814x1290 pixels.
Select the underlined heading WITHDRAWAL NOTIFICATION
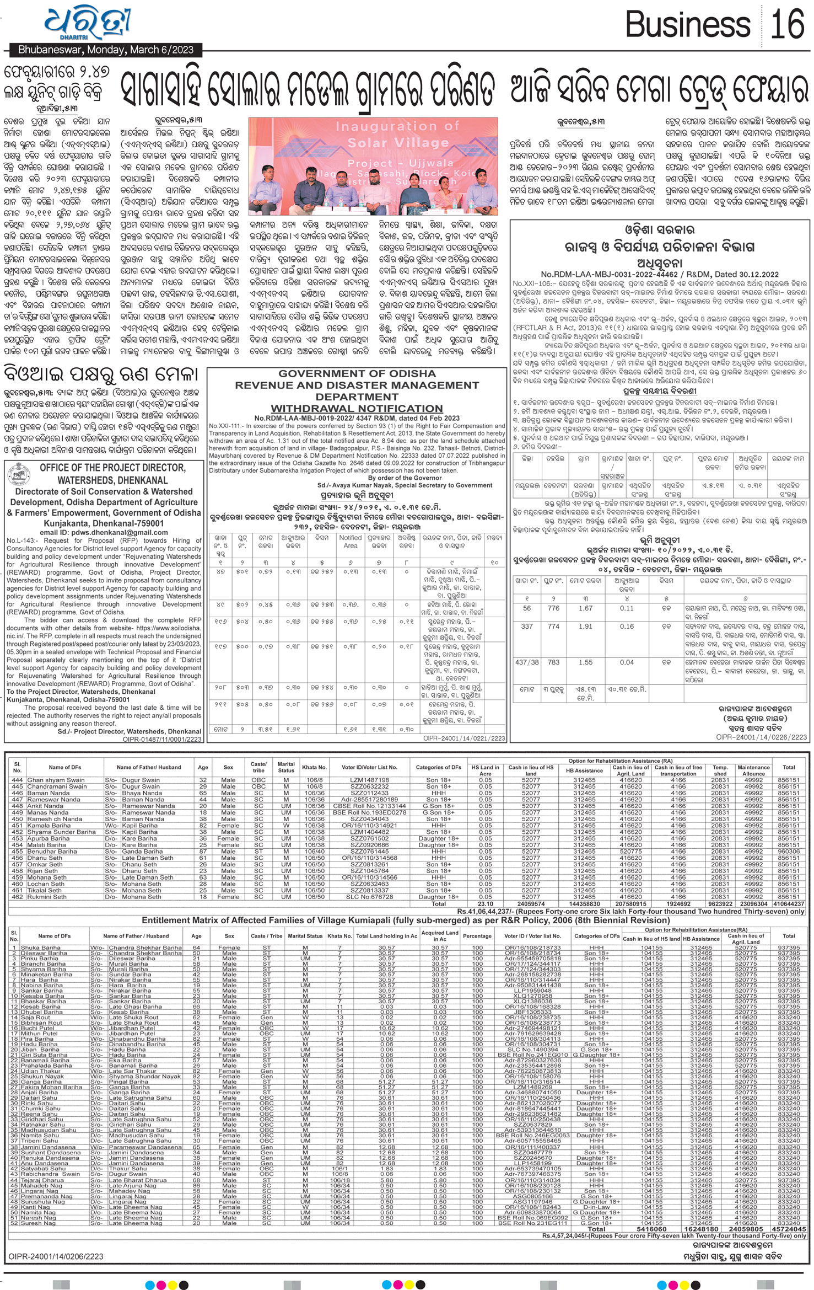(357, 409)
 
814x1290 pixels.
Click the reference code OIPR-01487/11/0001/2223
(162, 739)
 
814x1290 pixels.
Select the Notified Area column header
(350, 541)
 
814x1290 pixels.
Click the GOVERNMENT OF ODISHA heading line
(357, 373)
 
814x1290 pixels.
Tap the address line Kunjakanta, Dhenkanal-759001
(103, 523)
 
